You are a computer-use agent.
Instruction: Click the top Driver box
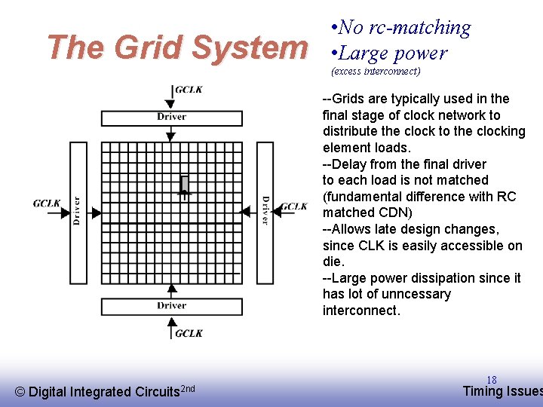[172, 118]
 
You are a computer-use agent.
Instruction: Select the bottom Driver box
[172, 306]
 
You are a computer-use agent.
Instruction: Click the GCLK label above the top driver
[189, 90]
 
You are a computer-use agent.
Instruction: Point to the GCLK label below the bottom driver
[189, 333]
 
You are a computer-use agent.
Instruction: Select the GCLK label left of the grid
[47, 203]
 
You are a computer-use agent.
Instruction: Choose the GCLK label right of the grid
[293, 207]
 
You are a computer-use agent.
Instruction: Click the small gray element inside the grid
[184, 184]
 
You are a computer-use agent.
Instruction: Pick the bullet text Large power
[393, 53]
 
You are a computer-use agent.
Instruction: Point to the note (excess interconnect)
[376, 72]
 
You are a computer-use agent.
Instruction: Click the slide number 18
[492, 380]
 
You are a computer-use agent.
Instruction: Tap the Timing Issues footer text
[502, 390]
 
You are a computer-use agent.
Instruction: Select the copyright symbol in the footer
[20, 391]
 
